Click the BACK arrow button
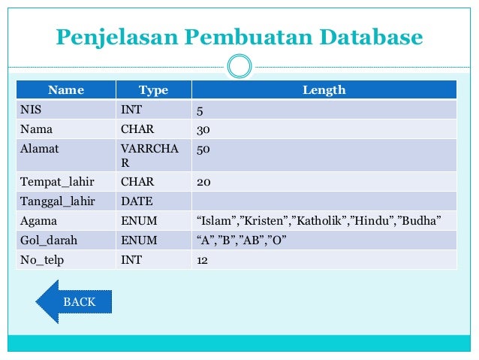(x=74, y=301)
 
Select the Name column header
(x=66, y=90)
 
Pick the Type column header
(x=153, y=90)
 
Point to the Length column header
(x=324, y=90)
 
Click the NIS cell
(x=31, y=110)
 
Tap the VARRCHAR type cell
(x=149, y=155)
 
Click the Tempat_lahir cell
(x=49, y=182)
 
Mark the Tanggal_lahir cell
(x=52, y=201)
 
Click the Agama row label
(x=38, y=221)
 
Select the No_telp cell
(x=41, y=260)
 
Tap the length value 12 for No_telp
(x=202, y=260)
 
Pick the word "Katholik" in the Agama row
(x=319, y=221)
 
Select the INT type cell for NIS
(x=131, y=110)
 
